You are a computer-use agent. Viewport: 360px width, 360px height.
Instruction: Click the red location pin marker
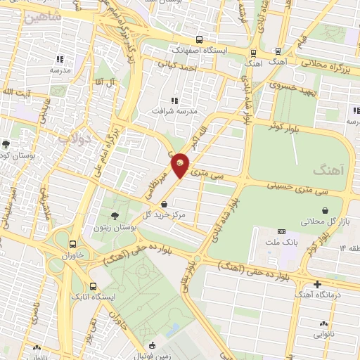(x=180, y=166)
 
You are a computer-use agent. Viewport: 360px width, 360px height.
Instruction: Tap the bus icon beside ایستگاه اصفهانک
(x=200, y=40)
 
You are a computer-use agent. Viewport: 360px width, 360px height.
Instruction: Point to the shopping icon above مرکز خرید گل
(x=164, y=204)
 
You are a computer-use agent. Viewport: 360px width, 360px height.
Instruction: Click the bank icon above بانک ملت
(x=282, y=231)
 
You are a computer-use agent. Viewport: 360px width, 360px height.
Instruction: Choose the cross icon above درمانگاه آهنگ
(x=318, y=284)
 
